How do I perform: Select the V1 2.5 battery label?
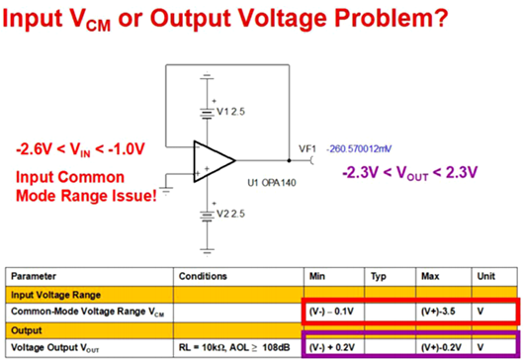[230, 112]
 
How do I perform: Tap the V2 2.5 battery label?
[230, 214]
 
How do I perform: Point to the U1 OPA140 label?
[272, 183]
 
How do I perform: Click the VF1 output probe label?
[307, 148]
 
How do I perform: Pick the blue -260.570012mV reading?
[359, 148]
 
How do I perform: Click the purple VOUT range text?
[410, 173]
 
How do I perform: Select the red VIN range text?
[80, 149]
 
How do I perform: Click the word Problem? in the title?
[392, 18]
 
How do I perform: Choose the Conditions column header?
[203, 276]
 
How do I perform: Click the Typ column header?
[379, 277]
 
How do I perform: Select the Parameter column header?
[34, 276]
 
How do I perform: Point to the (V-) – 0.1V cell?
[331, 312]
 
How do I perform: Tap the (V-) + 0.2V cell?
[332, 347]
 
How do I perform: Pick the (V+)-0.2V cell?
[441, 347]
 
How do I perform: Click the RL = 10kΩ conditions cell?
[234, 347]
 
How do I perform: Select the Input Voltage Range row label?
[55, 295]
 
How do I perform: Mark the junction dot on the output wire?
[289, 161]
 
